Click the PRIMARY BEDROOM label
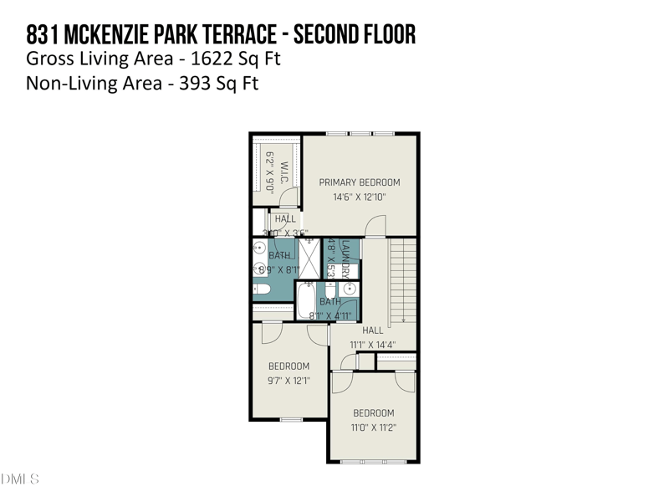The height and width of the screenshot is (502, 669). point(360,182)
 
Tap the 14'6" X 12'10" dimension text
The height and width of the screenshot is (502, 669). point(360,197)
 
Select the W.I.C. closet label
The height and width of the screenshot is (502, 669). point(283,172)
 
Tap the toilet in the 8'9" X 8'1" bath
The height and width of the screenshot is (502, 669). point(261,290)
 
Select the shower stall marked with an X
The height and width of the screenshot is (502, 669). point(310,258)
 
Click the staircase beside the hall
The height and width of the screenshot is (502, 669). point(403,279)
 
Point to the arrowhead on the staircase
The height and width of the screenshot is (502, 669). point(403,319)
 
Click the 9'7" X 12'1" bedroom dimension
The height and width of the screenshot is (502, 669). point(289,381)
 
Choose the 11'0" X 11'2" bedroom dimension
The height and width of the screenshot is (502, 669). point(373,428)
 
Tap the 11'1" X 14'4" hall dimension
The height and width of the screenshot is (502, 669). point(372,345)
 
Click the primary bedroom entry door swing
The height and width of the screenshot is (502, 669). point(375,226)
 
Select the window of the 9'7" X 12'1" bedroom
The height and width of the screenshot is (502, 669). point(290,419)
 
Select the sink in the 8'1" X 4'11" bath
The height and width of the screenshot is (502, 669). point(349,289)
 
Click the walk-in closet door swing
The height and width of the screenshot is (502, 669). point(289,198)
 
